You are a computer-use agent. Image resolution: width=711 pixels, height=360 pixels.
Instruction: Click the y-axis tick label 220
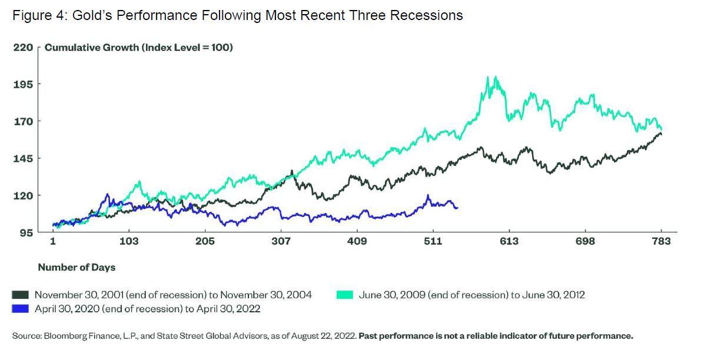coord(23,47)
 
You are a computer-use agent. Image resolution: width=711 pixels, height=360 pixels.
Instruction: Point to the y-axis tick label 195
coord(23,84)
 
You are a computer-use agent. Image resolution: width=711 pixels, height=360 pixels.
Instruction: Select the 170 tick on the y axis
coord(23,121)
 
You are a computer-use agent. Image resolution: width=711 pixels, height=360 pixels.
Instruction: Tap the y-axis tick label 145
coord(23,158)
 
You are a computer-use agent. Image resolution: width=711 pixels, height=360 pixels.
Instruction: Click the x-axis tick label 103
coord(129,241)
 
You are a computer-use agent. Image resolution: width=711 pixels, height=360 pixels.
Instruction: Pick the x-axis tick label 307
coord(281,241)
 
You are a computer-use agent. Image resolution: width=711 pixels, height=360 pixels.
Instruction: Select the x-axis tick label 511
coord(433,241)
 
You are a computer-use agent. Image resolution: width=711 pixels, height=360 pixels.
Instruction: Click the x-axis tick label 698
coord(585,241)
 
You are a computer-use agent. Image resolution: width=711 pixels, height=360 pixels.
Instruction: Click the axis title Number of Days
coord(77,267)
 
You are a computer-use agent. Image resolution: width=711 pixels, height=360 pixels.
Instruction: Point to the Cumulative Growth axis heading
coord(139,47)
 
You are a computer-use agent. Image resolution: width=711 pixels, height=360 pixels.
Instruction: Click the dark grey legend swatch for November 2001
coord(21,295)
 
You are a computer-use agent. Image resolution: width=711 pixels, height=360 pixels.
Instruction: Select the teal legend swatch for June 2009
coord(345,295)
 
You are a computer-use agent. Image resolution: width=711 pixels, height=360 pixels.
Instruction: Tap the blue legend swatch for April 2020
coord(21,308)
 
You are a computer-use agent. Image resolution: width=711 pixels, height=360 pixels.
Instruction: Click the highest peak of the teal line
coord(496,76)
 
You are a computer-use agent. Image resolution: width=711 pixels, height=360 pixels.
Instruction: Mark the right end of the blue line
coord(457,208)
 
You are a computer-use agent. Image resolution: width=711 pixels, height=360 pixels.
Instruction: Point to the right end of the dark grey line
coord(661,134)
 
